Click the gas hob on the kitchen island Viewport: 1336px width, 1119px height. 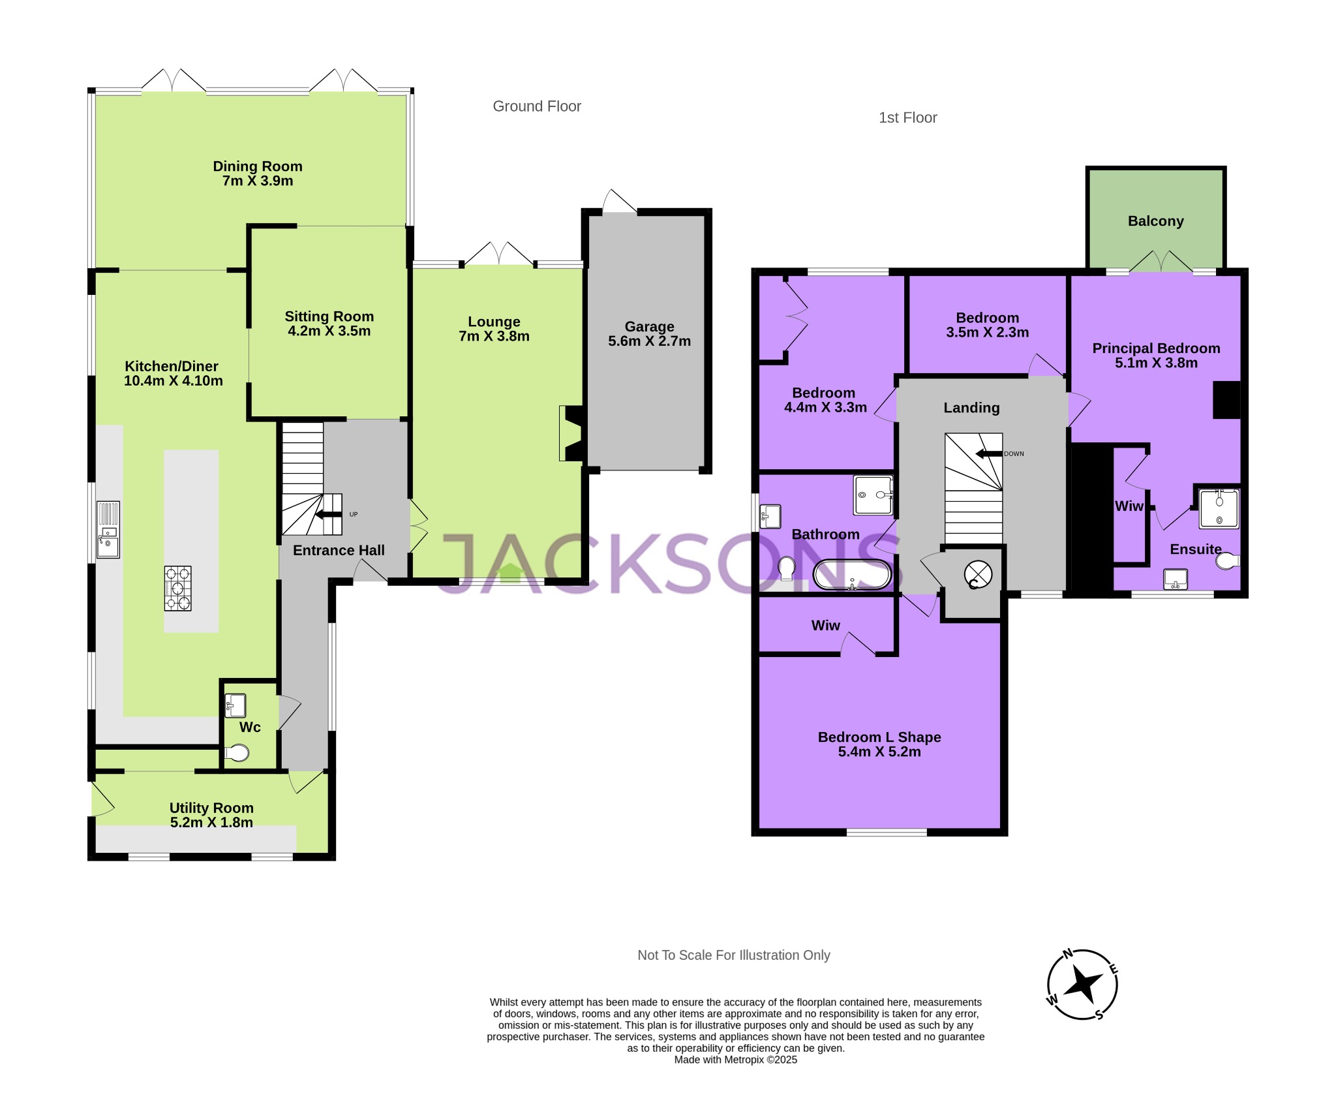[x=178, y=588]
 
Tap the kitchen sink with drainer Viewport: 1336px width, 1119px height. [x=108, y=529]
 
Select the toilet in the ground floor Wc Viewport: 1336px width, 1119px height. [x=237, y=754]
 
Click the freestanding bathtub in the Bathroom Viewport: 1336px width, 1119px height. [x=852, y=575]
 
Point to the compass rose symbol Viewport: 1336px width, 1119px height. [x=1082, y=985]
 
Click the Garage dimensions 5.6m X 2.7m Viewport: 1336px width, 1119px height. [x=649, y=341]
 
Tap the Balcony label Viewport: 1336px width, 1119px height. [x=1155, y=221]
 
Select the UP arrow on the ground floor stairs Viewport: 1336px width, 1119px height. [x=329, y=514]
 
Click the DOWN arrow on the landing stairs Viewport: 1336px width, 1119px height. [x=989, y=453]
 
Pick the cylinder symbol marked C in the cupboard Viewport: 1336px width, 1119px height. [x=978, y=575]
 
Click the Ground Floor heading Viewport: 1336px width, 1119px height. [x=536, y=106]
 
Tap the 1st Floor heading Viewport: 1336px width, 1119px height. [x=907, y=118]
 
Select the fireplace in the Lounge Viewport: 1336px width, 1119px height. [x=571, y=434]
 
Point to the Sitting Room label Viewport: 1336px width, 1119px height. [x=329, y=316]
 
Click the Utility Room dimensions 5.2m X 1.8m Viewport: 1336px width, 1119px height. [x=211, y=823]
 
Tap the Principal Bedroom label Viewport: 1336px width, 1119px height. [x=1156, y=348]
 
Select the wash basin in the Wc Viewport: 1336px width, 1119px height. [x=235, y=706]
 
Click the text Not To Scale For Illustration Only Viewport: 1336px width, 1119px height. [x=733, y=955]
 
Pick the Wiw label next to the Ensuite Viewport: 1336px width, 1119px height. [x=1129, y=506]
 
